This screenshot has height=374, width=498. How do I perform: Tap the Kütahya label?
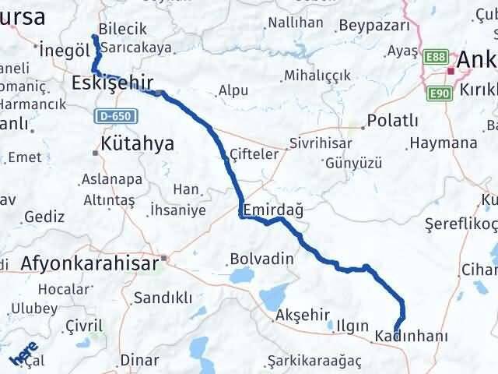137,143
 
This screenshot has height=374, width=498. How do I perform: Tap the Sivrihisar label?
321,143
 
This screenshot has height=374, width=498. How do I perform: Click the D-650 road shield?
116,116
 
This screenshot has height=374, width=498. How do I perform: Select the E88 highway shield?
437,56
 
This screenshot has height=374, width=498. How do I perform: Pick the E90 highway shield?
438,92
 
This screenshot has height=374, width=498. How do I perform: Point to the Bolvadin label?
262,259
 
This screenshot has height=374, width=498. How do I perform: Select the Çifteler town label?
254,154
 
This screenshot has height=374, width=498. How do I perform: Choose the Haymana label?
443,143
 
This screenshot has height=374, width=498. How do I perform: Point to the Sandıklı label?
163,297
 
